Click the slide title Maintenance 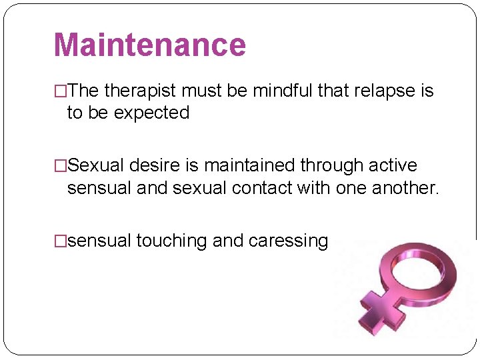point(149,45)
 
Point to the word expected point(151,113)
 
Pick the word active point(391,165)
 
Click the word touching point(172,241)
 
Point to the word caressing point(288,241)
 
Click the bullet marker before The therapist point(60,91)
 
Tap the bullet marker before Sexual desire point(60,165)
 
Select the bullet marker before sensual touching point(60,241)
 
